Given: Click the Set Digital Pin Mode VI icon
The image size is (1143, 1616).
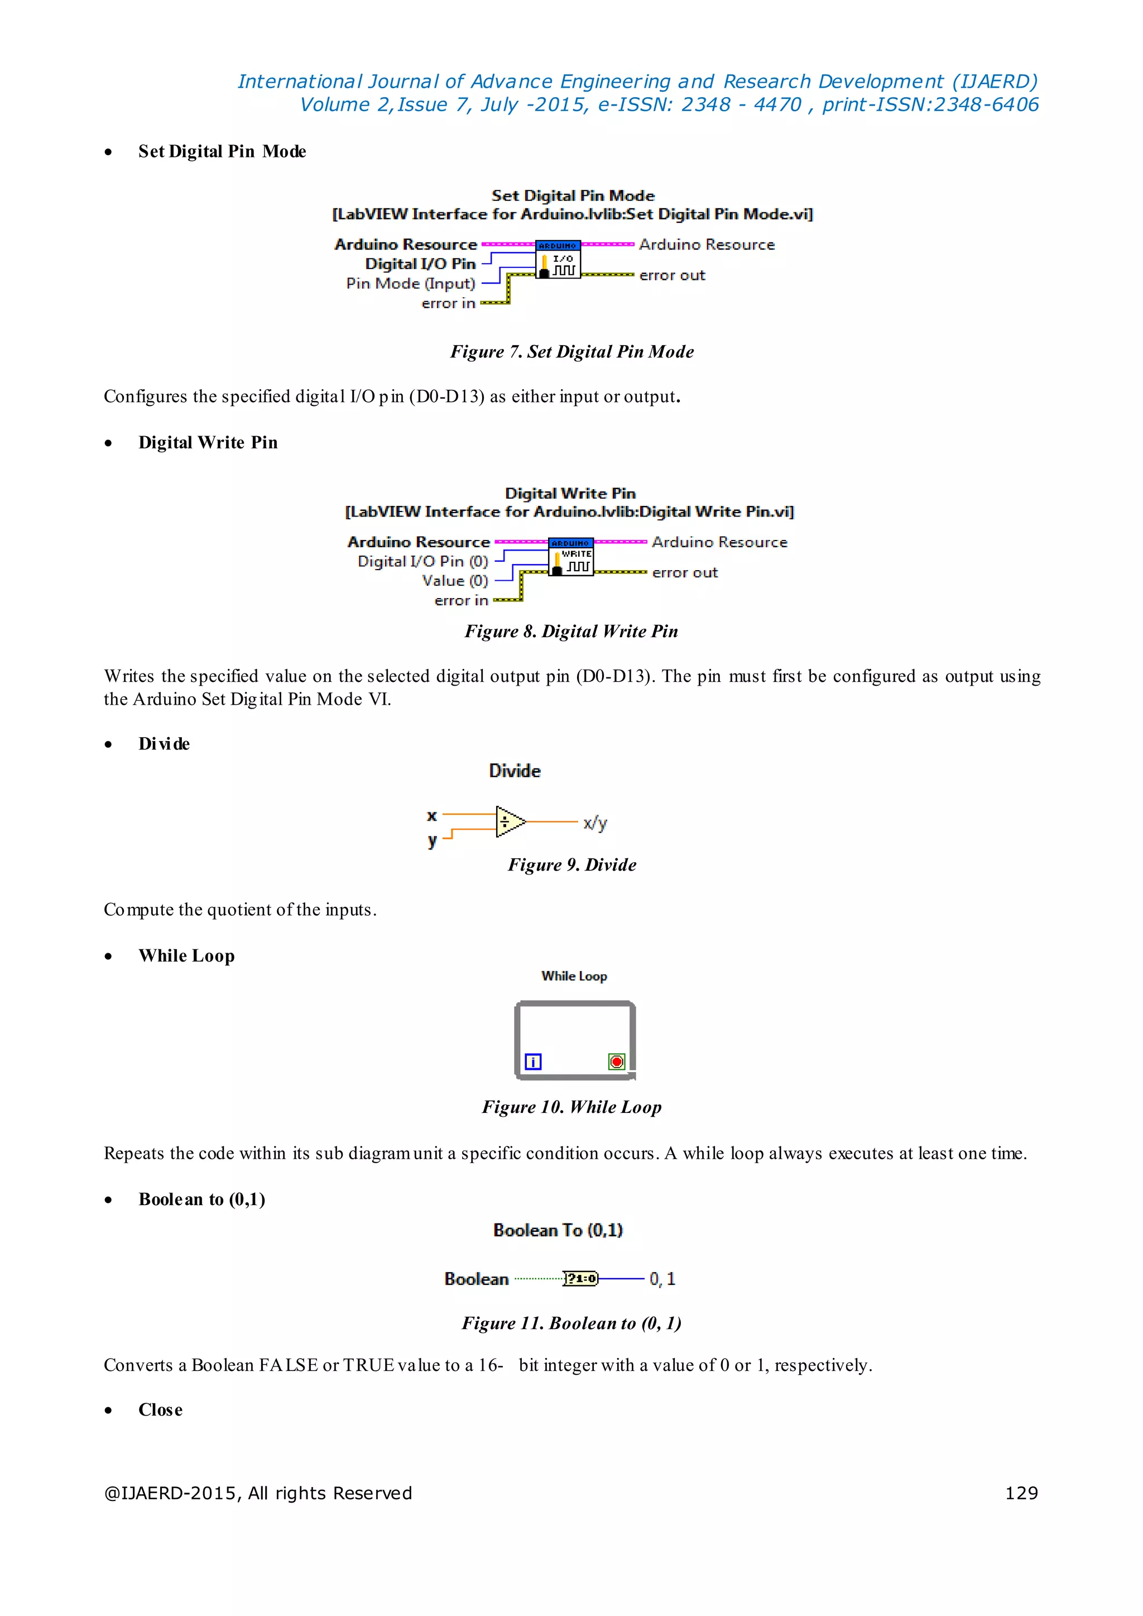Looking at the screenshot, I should point(558,259).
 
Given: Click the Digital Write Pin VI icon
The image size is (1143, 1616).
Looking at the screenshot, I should point(571,557).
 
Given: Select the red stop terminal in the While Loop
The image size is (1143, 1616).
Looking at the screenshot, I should point(617,1061).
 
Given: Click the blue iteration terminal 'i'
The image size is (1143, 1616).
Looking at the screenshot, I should point(534,1061).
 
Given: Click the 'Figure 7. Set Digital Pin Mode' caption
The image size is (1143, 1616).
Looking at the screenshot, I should point(571,351).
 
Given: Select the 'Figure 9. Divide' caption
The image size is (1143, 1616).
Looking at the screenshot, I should point(571,865).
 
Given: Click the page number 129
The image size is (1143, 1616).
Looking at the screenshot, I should point(1021,1493).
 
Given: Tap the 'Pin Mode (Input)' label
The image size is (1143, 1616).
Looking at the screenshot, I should point(410,283).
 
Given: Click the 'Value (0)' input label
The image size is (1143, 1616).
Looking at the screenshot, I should point(455,581).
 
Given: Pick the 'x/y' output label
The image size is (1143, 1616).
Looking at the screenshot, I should point(595,823).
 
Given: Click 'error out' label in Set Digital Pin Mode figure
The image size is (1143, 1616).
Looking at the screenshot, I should point(671,275).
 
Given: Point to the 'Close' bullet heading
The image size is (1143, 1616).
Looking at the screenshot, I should point(161,1410).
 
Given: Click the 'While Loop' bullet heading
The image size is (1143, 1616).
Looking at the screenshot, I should point(186,955).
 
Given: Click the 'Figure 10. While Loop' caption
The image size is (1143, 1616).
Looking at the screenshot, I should point(571,1107).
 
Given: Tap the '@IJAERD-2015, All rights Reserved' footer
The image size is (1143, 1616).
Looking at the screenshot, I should point(258,1493).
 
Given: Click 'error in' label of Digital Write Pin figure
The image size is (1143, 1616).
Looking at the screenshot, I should point(461,601).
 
